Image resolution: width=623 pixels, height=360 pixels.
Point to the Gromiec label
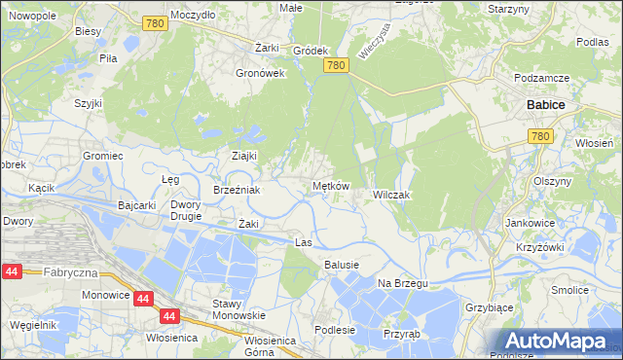point(102,155)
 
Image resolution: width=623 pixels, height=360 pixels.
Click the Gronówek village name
point(260,72)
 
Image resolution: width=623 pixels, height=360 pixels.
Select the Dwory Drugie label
point(185,210)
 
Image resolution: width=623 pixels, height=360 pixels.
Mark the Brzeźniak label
point(237,190)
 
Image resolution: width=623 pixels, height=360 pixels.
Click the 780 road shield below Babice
point(542,138)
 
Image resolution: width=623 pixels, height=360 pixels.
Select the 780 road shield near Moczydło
point(152,23)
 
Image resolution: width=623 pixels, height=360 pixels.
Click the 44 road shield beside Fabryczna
point(13,273)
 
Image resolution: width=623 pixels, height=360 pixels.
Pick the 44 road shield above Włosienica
point(169,316)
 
